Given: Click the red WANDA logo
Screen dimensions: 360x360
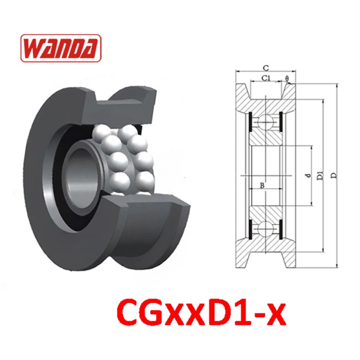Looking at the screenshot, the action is (x=61, y=48).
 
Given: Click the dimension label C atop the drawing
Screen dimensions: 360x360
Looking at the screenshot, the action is (x=266, y=68).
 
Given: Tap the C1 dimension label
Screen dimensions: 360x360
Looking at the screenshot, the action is (x=266, y=78).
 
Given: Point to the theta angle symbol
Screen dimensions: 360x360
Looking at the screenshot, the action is (x=287, y=78).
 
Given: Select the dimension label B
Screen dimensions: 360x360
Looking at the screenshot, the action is (x=262, y=186).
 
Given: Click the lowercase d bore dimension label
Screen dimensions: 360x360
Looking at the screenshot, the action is (x=309, y=176).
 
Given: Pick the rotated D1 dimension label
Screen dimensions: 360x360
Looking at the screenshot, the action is (x=320, y=175).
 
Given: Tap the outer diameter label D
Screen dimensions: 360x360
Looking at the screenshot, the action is (x=334, y=176).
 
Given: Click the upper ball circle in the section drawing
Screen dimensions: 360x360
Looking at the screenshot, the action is (x=265, y=121).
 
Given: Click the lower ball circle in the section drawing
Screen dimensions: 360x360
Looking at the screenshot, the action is (x=265, y=229).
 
